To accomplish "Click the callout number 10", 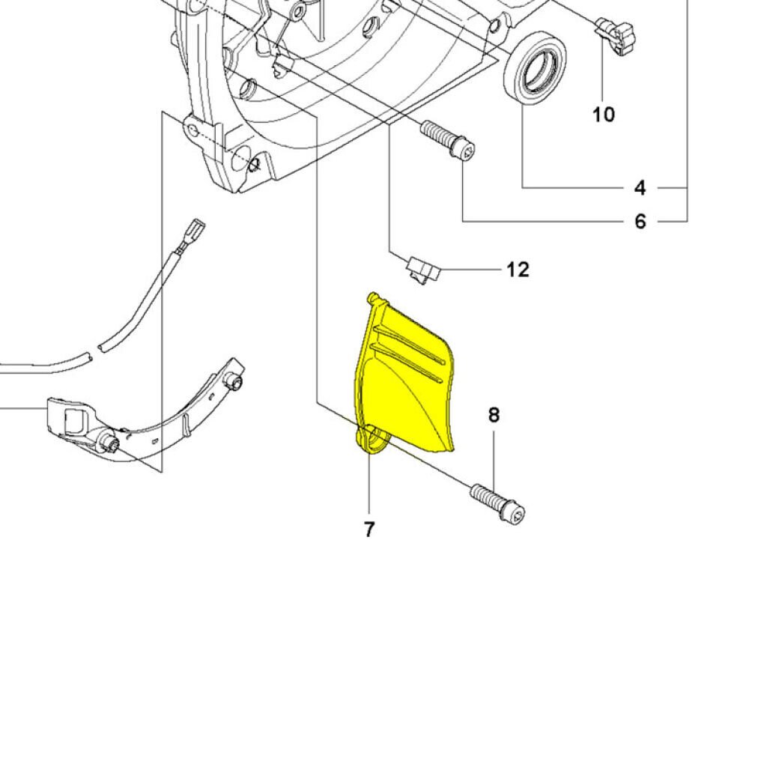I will click(603, 115).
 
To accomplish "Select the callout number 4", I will click(640, 187).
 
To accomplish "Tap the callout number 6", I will click(640, 222).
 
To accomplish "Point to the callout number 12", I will click(518, 269).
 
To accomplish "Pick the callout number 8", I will click(494, 415).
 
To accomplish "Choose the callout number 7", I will click(369, 530).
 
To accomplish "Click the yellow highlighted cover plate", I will click(408, 382).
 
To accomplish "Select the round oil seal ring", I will click(535, 69).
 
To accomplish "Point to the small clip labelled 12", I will click(422, 269).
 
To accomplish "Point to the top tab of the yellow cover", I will click(372, 299).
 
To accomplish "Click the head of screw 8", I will click(516, 515).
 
